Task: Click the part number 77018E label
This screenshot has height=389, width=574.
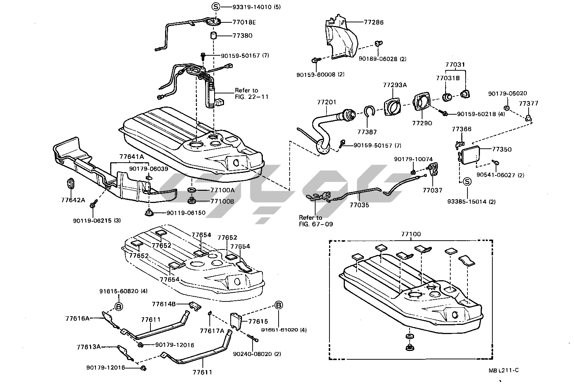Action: (x=244, y=22)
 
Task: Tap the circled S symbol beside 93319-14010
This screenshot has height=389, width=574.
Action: (x=216, y=7)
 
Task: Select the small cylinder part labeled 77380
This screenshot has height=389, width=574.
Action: (x=214, y=36)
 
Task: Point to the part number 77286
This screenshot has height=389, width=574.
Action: (x=374, y=22)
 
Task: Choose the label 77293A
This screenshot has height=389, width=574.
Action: (x=395, y=85)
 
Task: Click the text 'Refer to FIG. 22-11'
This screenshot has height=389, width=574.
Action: (x=251, y=94)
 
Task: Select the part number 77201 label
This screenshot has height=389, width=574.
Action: (x=327, y=102)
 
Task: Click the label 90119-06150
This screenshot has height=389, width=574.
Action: (x=186, y=213)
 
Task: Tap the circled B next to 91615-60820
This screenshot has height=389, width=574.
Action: (x=119, y=306)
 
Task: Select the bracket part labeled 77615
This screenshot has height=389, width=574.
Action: (x=237, y=321)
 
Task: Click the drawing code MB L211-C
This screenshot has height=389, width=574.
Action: (x=503, y=370)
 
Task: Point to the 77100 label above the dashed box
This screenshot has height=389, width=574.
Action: (x=411, y=234)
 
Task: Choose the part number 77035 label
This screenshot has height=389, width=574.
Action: (x=359, y=205)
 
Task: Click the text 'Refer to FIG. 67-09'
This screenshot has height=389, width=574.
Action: (x=316, y=221)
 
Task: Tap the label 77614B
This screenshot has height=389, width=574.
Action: (x=164, y=304)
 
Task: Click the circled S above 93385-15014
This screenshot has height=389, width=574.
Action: (x=467, y=182)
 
